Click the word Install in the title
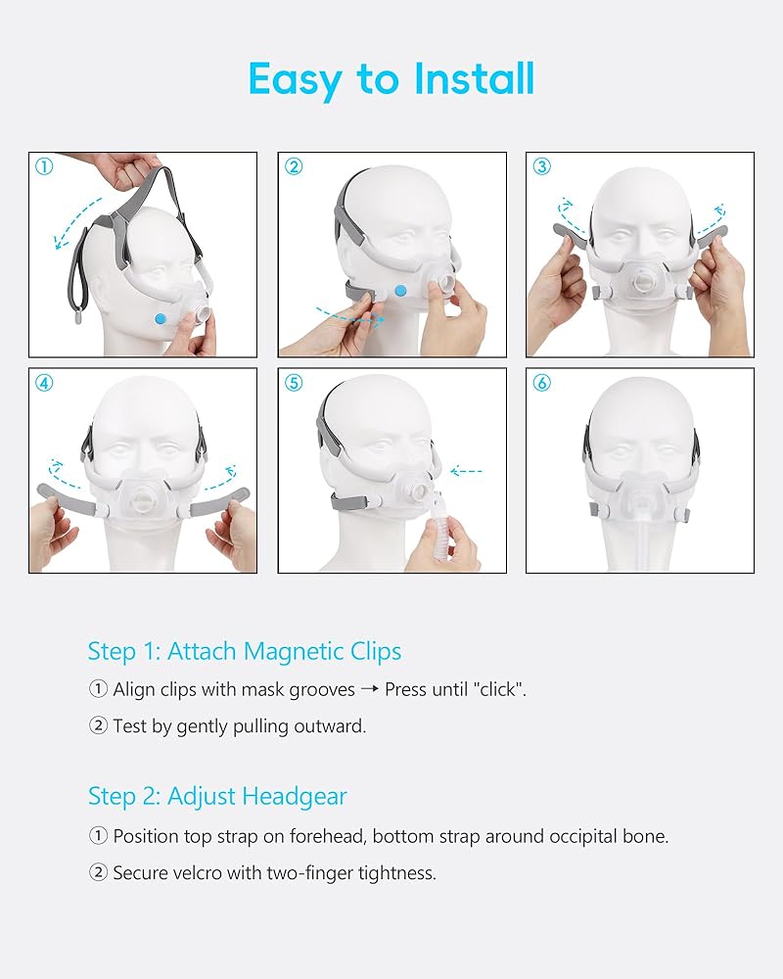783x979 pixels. pyautogui.click(x=475, y=78)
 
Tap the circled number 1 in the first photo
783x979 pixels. pyautogui.click(x=44, y=166)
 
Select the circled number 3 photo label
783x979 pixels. pyautogui.click(x=541, y=166)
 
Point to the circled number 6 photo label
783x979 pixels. pyautogui.click(x=541, y=383)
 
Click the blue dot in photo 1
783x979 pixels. pyautogui.click(x=161, y=318)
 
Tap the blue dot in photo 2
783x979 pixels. pyautogui.click(x=400, y=291)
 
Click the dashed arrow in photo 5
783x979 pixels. pyautogui.click(x=466, y=472)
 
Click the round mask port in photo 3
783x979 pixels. pyautogui.click(x=641, y=285)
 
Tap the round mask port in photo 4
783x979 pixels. pyautogui.click(x=144, y=500)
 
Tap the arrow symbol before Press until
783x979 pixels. pyautogui.click(x=370, y=689)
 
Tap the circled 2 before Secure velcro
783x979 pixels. pyautogui.click(x=98, y=872)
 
